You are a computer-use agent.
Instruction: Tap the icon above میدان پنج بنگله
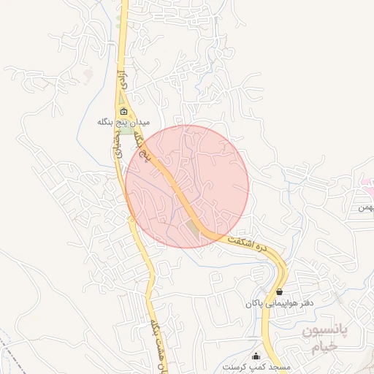click(x=123, y=112)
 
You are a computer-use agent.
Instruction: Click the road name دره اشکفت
click(x=256, y=243)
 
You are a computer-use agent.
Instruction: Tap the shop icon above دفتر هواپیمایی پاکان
click(x=280, y=291)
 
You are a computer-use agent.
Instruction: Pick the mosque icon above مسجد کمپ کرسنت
click(x=256, y=356)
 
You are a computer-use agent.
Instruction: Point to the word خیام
click(x=324, y=347)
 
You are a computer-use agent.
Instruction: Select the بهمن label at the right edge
click(x=365, y=207)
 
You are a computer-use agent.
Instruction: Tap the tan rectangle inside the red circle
click(x=192, y=227)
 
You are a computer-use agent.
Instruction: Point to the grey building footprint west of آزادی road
click(x=88, y=74)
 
